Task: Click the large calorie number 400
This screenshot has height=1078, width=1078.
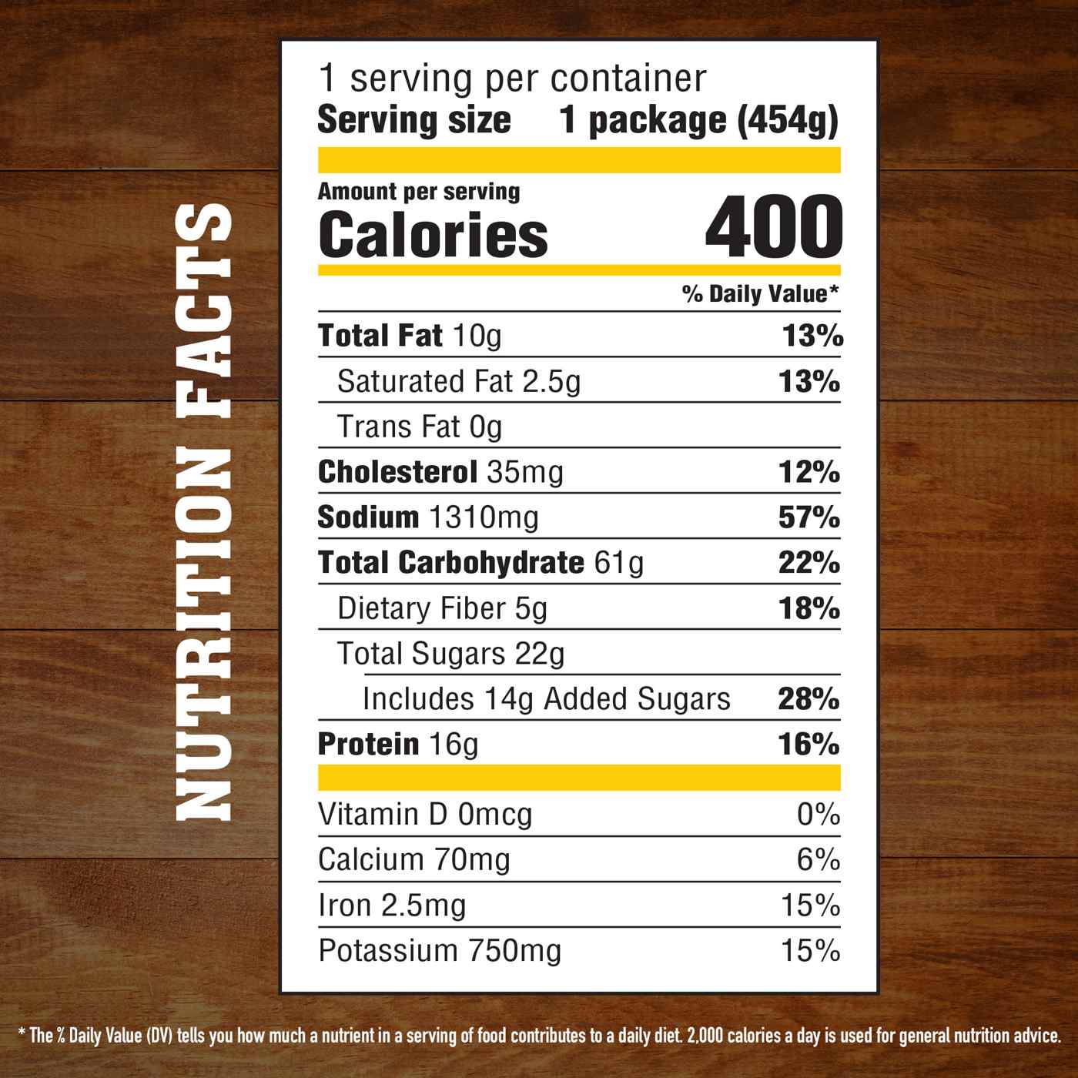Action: point(773,227)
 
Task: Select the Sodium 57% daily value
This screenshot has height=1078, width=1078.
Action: point(808,517)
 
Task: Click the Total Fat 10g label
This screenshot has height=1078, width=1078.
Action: point(409,336)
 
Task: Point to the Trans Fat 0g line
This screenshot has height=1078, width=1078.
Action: point(420,427)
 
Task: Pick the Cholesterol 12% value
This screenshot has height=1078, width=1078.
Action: point(808,472)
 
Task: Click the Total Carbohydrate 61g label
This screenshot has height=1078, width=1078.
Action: point(480,563)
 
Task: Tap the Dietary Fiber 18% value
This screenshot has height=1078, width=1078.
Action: point(808,608)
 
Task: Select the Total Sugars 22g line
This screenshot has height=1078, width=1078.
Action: point(450,654)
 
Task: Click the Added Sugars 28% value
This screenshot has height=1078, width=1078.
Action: point(808,699)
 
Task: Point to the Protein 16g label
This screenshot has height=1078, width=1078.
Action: point(397,745)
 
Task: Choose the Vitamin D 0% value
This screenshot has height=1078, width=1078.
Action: point(818,814)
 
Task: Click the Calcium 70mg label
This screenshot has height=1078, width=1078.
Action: point(413,859)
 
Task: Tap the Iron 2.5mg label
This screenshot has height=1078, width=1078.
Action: point(392,905)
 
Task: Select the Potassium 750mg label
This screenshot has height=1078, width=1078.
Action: point(440,951)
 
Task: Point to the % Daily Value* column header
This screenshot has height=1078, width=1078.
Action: point(759,293)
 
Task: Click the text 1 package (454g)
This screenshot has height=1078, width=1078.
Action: point(698,121)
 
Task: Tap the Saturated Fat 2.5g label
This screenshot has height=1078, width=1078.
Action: point(459,381)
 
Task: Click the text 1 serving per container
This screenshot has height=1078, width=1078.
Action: point(512,78)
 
